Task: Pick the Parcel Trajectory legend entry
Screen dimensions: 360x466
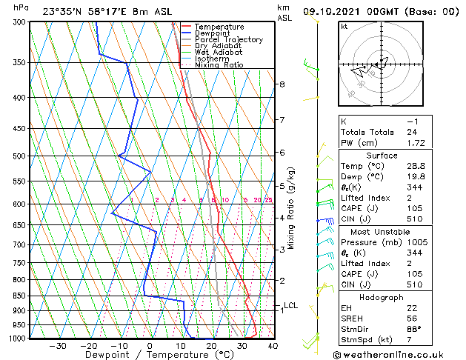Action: coord(229,40)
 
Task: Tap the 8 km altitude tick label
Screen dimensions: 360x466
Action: coord(282,84)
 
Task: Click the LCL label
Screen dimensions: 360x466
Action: coord(290,305)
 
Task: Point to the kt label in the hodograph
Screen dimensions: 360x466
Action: coord(344,27)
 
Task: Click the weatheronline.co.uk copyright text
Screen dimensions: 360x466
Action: coord(398,353)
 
